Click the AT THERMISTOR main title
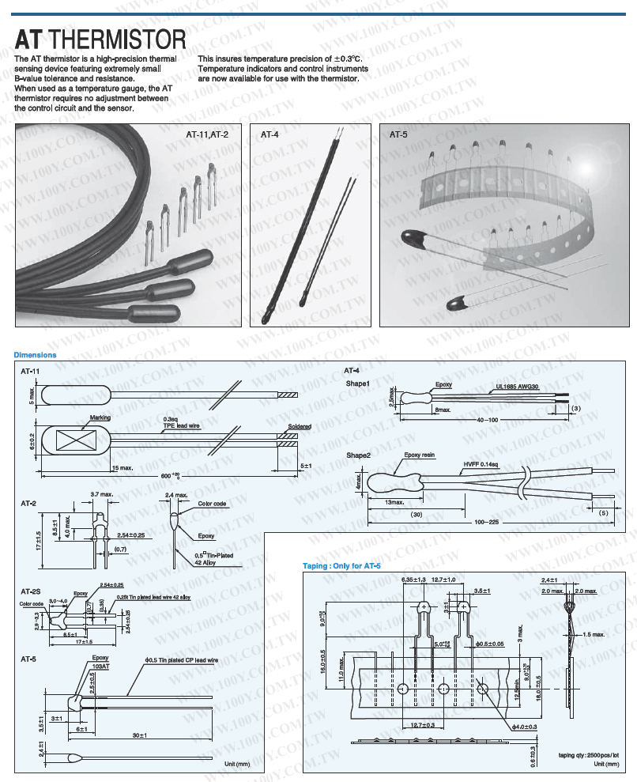[x=100, y=39]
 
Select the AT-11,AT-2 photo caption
[x=207, y=134]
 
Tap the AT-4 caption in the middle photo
[x=269, y=134]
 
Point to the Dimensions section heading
[x=36, y=355]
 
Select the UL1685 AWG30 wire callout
[x=517, y=387]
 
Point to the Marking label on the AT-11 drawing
[x=100, y=417]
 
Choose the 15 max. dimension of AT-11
[x=122, y=467]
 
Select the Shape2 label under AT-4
[x=359, y=455]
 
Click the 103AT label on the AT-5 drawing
[x=100, y=667]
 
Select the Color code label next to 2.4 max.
[x=212, y=504]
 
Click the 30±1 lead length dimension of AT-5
[x=140, y=735]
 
